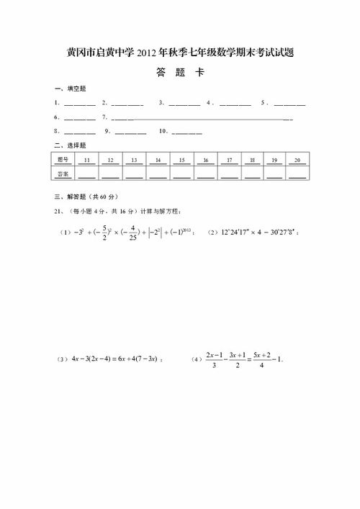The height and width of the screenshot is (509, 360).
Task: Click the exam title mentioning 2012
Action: pyautogui.click(x=180, y=53)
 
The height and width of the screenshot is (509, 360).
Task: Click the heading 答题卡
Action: pyautogui.click(x=179, y=73)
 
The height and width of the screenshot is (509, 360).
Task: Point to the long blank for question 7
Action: pyautogui.click(x=202, y=118)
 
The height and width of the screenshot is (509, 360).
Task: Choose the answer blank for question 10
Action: pyautogui.click(x=187, y=132)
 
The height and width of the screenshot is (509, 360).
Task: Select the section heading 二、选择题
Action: pyautogui.click(x=70, y=145)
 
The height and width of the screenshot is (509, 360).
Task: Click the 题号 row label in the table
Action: pyautogui.click(x=63, y=159)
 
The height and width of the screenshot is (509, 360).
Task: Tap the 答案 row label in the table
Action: pyautogui.click(x=63, y=174)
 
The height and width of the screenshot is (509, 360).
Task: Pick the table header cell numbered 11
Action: pyautogui.click(x=86, y=159)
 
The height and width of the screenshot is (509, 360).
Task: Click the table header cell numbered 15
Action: pyautogui.click(x=181, y=159)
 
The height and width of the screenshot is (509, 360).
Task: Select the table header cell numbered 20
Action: pyautogui.click(x=297, y=159)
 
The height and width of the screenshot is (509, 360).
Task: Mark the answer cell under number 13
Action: pyautogui.click(x=134, y=174)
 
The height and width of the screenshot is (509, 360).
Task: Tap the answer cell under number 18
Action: pyautogui.click(x=252, y=174)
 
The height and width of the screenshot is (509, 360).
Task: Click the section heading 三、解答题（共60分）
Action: pyautogui.click(x=86, y=197)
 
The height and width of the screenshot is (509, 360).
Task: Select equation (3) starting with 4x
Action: pyautogui.click(x=112, y=359)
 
